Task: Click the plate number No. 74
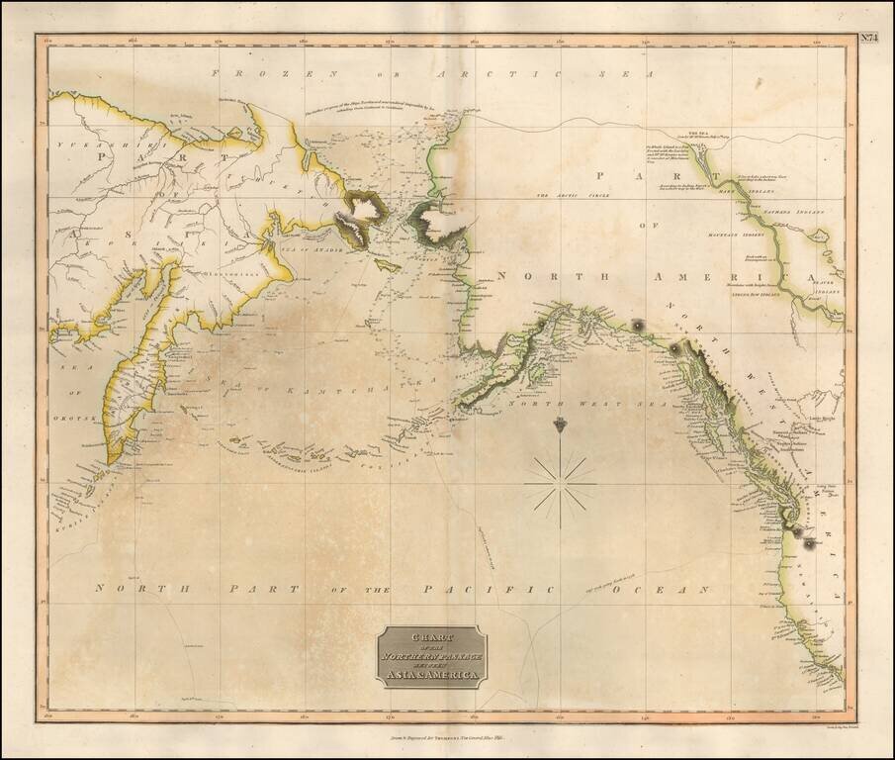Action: click(868, 40)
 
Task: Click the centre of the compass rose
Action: click(560, 484)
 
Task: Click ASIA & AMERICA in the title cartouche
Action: click(431, 676)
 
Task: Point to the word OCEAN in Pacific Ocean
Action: click(676, 590)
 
